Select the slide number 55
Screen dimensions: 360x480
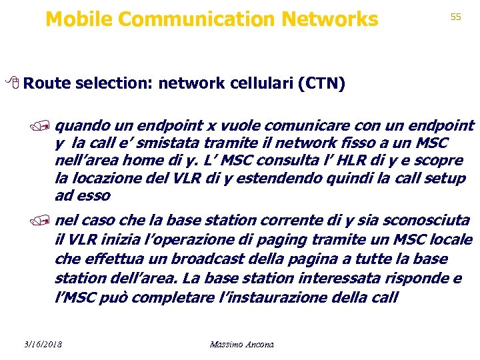456,17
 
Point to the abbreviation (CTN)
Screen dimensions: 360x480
322,84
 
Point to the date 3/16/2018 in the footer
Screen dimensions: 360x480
41,344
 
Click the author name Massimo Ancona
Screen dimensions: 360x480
241,344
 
